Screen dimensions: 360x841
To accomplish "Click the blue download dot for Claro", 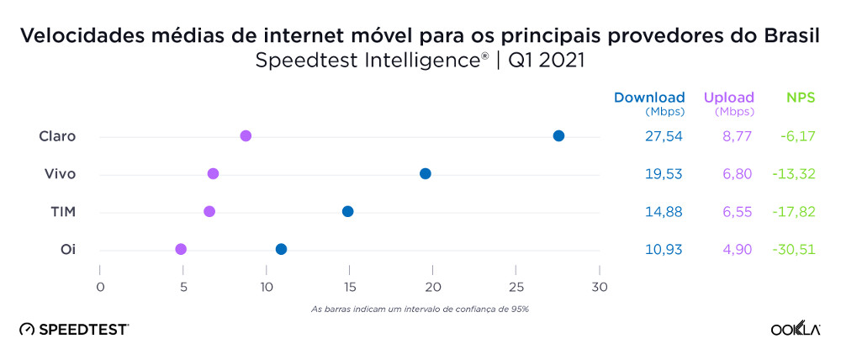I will (x=558, y=136).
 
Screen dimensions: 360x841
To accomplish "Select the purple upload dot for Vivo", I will (x=213, y=173).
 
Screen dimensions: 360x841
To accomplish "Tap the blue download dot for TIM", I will (x=347, y=211).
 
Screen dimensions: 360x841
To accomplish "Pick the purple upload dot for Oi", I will (x=181, y=249).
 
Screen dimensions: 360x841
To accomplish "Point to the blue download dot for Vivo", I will (x=426, y=173).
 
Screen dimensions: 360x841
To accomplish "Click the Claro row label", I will (x=57, y=136).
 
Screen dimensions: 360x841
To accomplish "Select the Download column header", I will (x=649, y=98).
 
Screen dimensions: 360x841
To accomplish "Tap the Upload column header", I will (x=728, y=98).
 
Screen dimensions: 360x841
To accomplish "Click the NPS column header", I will (x=801, y=98).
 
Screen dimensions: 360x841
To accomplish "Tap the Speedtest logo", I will (x=74, y=329).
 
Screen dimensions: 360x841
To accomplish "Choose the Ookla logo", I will (x=796, y=329).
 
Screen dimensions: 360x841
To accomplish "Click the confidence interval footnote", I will (x=420, y=309).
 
